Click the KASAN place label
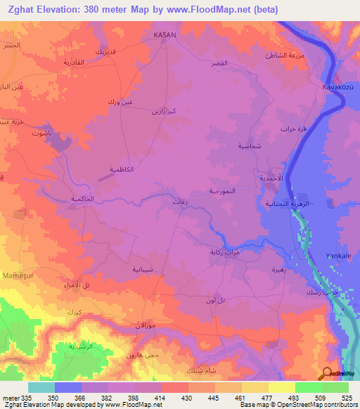[x=165, y=34]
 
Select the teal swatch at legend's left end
[x=41, y=387]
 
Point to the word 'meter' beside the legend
[x=9, y=397]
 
